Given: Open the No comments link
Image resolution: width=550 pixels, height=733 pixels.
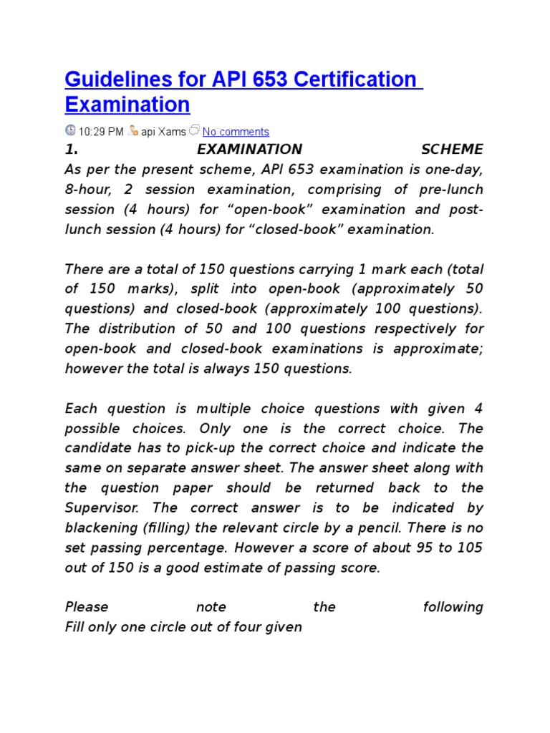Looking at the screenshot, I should (x=236, y=132).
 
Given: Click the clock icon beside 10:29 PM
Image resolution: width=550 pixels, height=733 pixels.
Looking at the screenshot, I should (x=70, y=130).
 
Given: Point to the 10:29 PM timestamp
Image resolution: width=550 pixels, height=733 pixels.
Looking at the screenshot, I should (x=101, y=132).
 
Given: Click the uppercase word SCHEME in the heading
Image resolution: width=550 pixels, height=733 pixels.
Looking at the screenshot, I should (x=452, y=150).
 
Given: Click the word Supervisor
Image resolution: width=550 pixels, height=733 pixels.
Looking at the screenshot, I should (x=100, y=508).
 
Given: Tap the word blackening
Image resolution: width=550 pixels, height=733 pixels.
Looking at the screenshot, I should (x=101, y=528).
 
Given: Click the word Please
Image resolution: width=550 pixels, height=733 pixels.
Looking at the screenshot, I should (x=87, y=607).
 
